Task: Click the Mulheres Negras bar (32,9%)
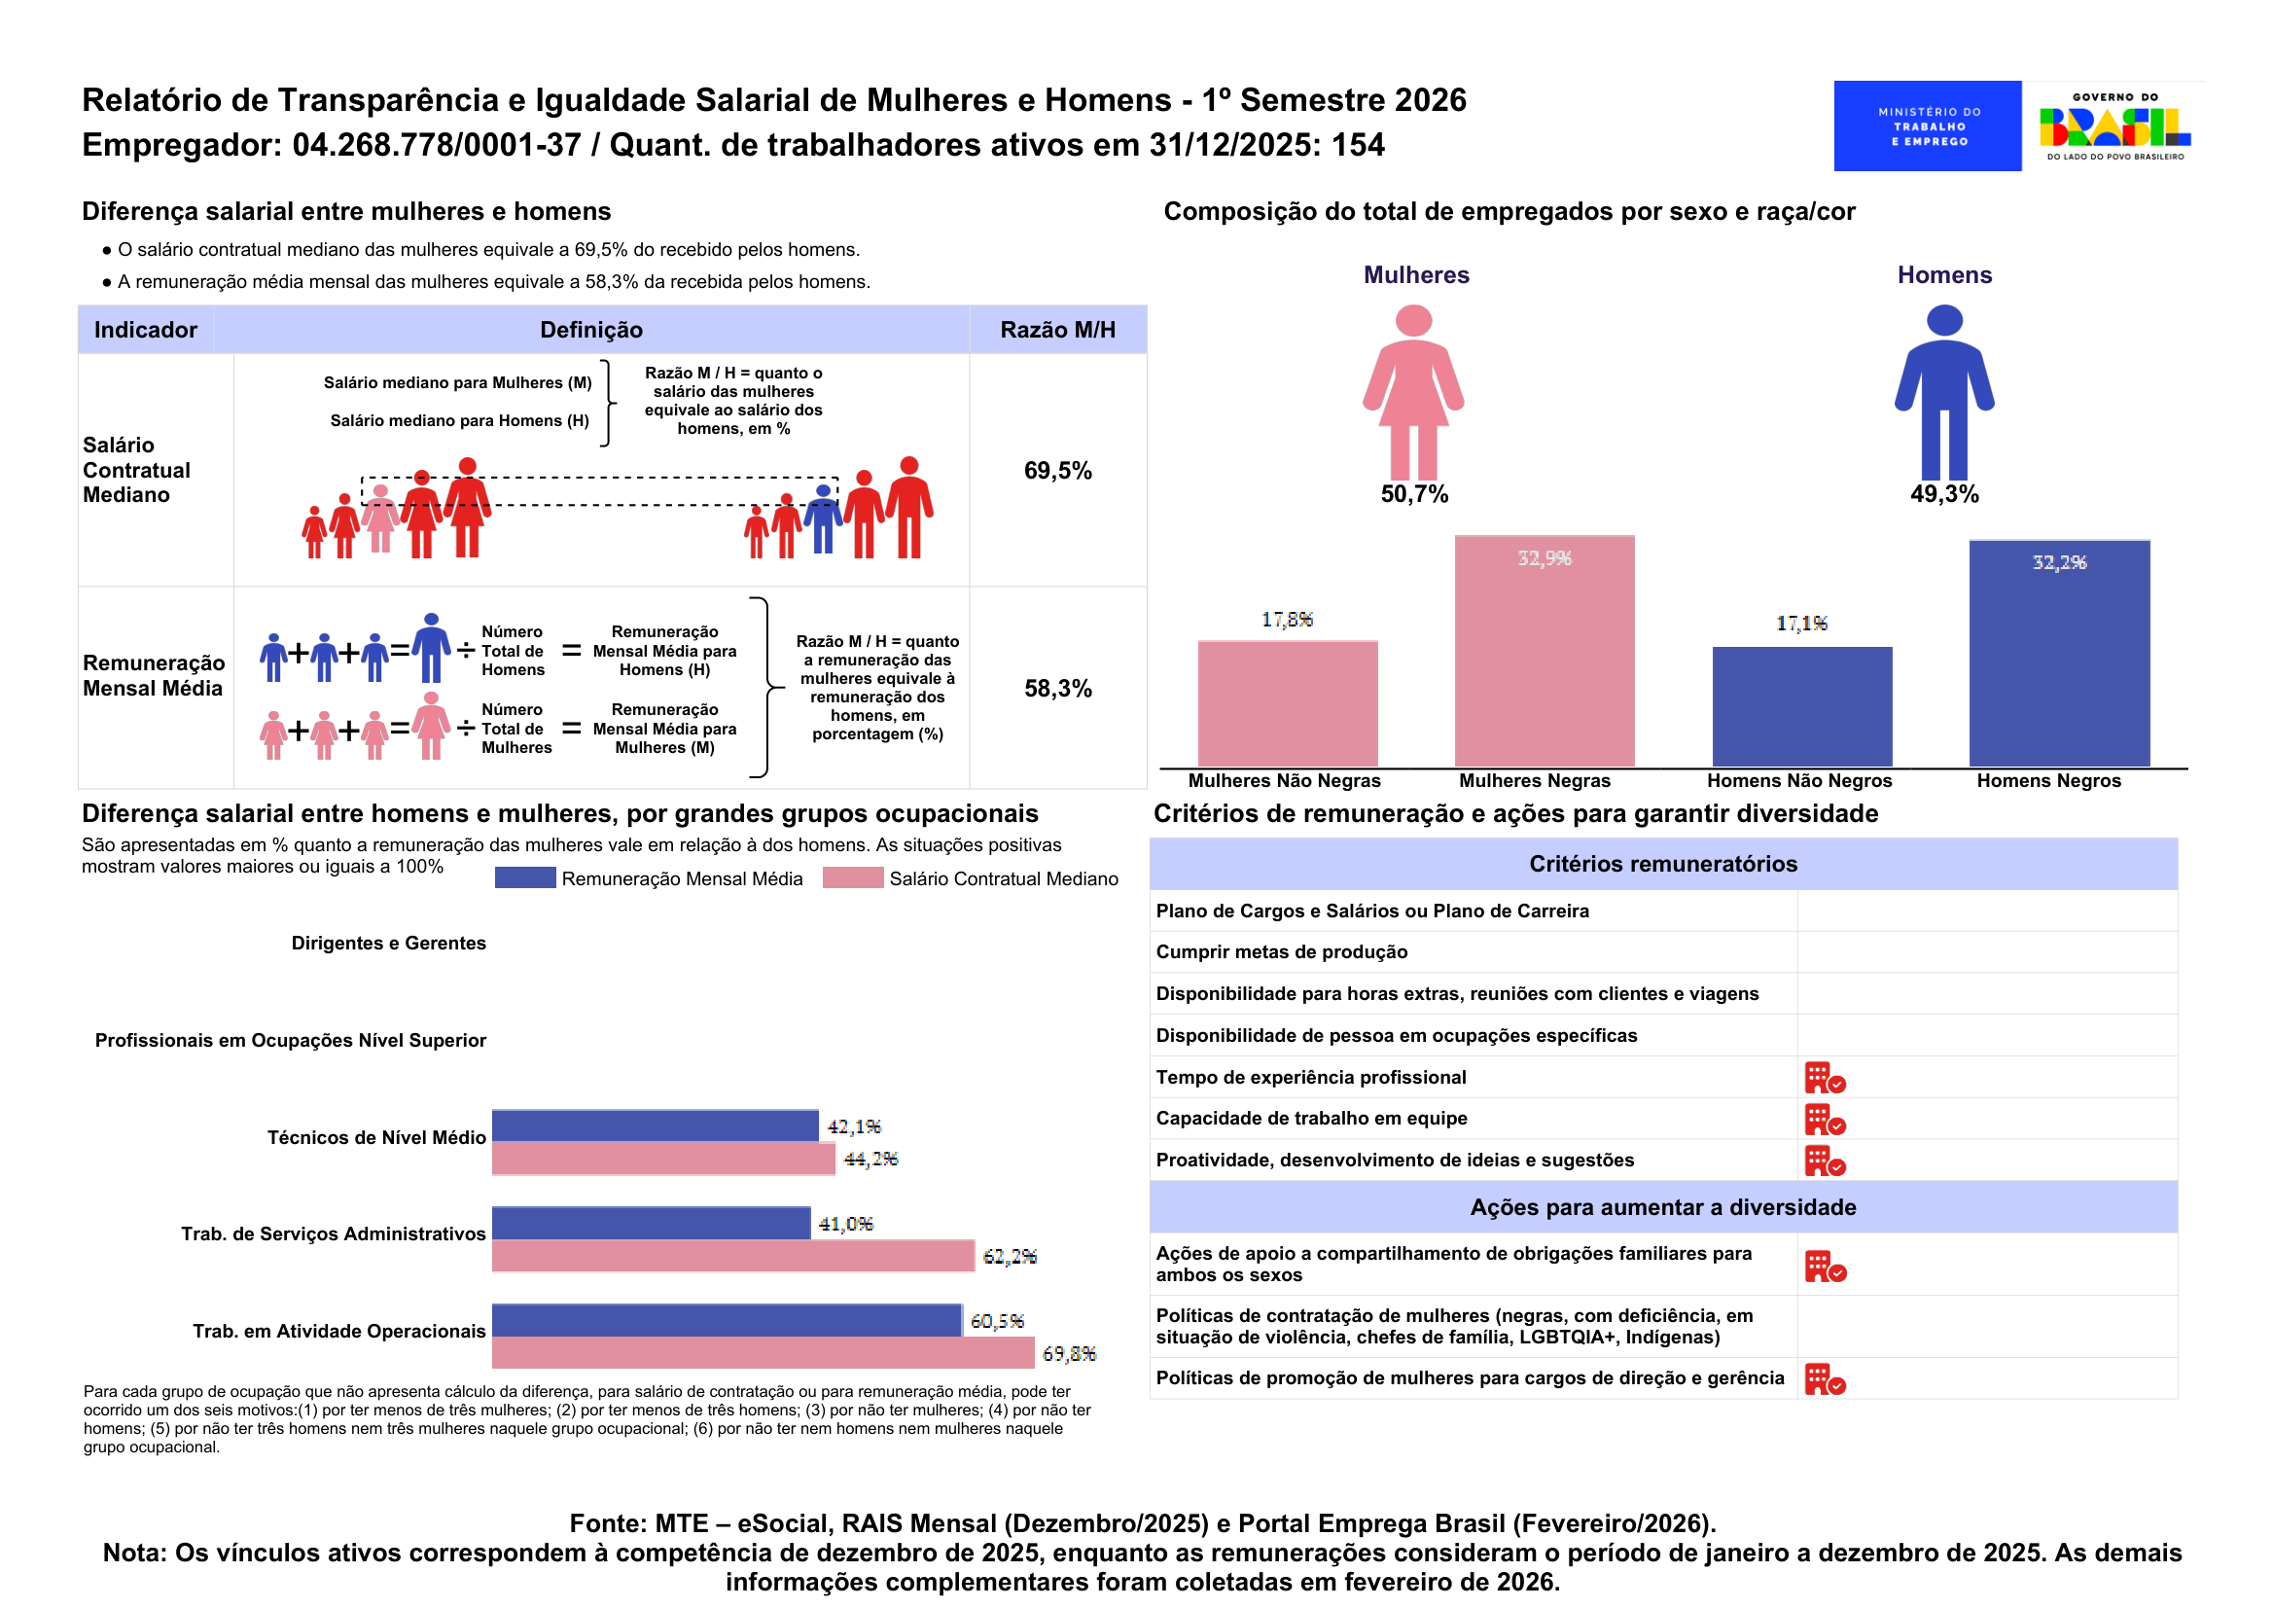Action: click(1544, 651)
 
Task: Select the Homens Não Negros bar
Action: click(1800, 706)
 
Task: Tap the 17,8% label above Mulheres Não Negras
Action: click(1286, 620)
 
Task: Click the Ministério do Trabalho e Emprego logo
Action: click(1927, 125)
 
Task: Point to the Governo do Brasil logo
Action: click(2113, 125)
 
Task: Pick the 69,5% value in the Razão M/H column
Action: click(1057, 470)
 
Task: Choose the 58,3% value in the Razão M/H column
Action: click(1057, 688)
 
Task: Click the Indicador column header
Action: click(146, 330)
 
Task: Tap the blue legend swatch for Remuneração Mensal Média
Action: click(524, 878)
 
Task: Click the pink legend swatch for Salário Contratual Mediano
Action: click(852, 878)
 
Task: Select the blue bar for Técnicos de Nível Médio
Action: click(655, 1126)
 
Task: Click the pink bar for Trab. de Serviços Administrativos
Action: click(732, 1256)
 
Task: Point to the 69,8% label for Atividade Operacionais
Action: click(1069, 1353)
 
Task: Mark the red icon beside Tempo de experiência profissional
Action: click(1825, 1077)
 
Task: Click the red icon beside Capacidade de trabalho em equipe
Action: click(1825, 1119)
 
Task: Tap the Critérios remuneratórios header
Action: click(1662, 864)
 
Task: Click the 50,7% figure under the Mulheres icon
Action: click(1414, 494)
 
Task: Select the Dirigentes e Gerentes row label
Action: click(388, 943)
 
